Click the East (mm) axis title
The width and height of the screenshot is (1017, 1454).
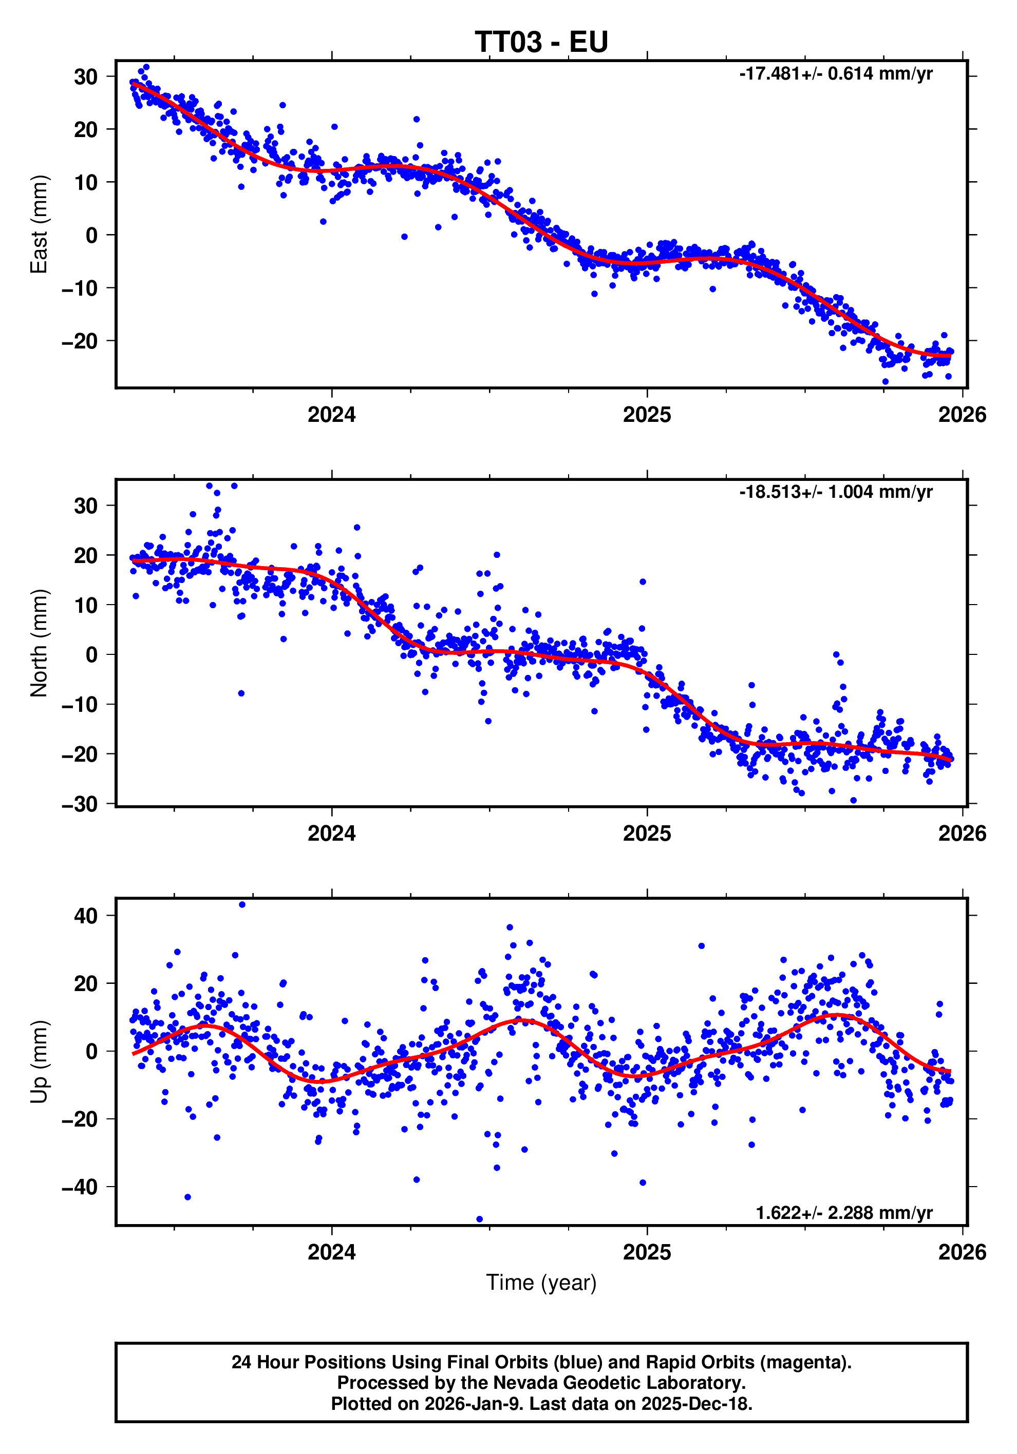pyautogui.click(x=39, y=224)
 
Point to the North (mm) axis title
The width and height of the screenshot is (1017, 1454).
pyautogui.click(x=39, y=643)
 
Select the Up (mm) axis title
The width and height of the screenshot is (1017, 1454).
pyautogui.click(x=39, y=1062)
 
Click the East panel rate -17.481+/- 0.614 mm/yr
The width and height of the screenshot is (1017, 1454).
pyautogui.click(x=835, y=74)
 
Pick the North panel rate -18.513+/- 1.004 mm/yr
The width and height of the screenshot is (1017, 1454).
pyautogui.click(x=835, y=492)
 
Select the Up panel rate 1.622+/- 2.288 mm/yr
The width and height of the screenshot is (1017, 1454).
pyautogui.click(x=843, y=1213)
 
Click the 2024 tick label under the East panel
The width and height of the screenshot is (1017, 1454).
pyautogui.click(x=331, y=415)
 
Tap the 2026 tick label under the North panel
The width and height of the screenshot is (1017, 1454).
pyautogui.click(x=962, y=833)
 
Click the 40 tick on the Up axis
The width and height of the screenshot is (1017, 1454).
pyautogui.click(x=86, y=916)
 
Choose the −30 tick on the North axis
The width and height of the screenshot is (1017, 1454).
pyautogui.click(x=80, y=804)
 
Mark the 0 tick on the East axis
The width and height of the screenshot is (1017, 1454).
pyautogui.click(x=92, y=236)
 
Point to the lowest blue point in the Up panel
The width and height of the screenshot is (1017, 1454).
pyautogui.click(x=479, y=1219)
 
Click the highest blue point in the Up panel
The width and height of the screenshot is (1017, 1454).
pyautogui.click(x=242, y=905)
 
